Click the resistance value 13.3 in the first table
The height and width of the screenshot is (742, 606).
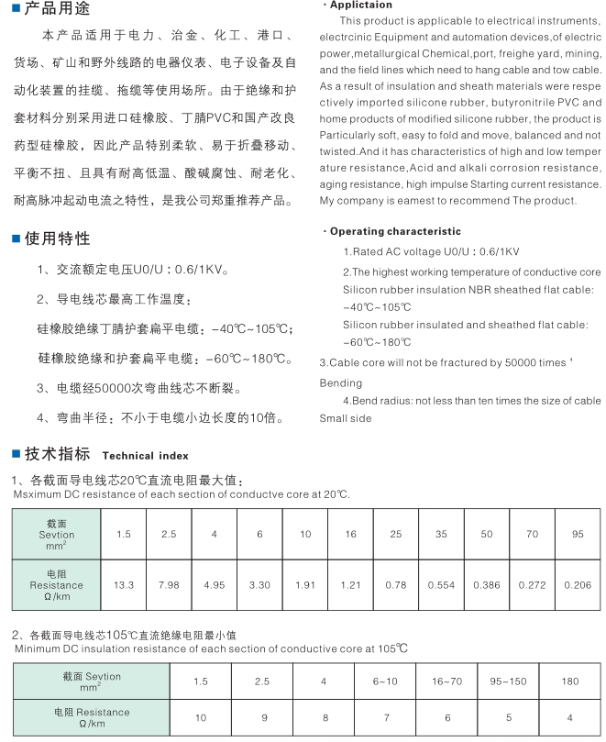tap(124, 585)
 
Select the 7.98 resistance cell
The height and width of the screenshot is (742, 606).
tap(170, 585)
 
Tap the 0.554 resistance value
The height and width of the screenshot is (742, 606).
tap(442, 585)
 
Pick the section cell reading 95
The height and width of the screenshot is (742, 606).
tap(578, 534)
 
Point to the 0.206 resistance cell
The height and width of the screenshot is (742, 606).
tap(578, 585)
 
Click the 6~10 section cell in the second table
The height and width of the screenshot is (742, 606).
tap(386, 681)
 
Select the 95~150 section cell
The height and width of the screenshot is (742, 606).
tap(507, 681)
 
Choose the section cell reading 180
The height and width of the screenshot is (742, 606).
tap(569, 681)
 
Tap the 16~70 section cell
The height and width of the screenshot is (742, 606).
tap(446, 681)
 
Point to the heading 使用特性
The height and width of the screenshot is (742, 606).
tap(57, 239)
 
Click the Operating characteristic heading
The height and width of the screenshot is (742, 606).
tap(395, 231)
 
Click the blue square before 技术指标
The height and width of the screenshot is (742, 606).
tap(16, 454)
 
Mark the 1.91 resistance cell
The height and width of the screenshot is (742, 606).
tap(305, 585)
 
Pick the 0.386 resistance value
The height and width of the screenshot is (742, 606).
tap(487, 585)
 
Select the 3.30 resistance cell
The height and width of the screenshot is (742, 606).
tap(260, 585)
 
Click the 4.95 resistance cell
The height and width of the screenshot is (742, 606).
tap(215, 585)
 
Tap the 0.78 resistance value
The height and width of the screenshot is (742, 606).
tap(396, 585)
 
